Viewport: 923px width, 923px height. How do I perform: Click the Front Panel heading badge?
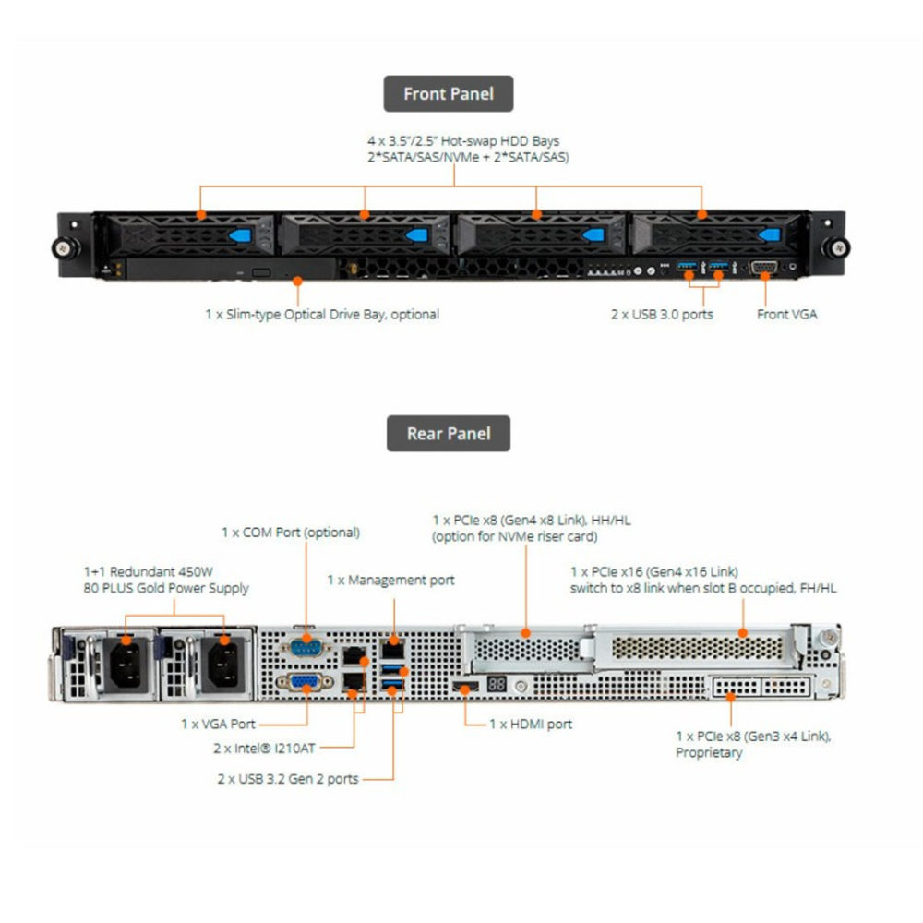tap(449, 93)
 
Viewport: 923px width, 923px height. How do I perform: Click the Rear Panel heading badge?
tap(449, 433)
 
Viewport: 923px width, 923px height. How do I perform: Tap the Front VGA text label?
tap(786, 314)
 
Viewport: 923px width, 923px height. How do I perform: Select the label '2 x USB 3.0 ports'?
tap(662, 314)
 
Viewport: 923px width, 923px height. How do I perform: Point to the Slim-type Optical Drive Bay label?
tap(322, 314)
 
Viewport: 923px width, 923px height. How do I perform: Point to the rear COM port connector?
tap(304, 645)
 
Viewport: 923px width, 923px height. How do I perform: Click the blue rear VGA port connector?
tap(304, 684)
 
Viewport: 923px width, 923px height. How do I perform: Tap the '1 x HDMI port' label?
tap(531, 725)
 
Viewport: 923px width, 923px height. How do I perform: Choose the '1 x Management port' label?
tap(390, 581)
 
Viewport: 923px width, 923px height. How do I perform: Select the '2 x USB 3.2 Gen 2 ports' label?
tap(287, 779)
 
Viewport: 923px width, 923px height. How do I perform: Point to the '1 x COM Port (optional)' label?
tap(290, 533)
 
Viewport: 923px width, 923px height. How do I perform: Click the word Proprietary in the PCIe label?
tap(709, 753)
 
